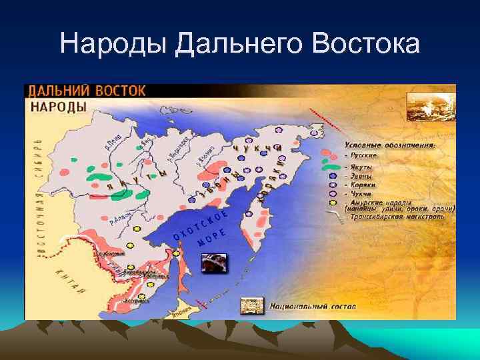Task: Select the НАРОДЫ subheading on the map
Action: point(58,106)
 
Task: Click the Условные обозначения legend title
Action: point(390,144)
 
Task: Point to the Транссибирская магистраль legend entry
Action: point(394,217)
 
